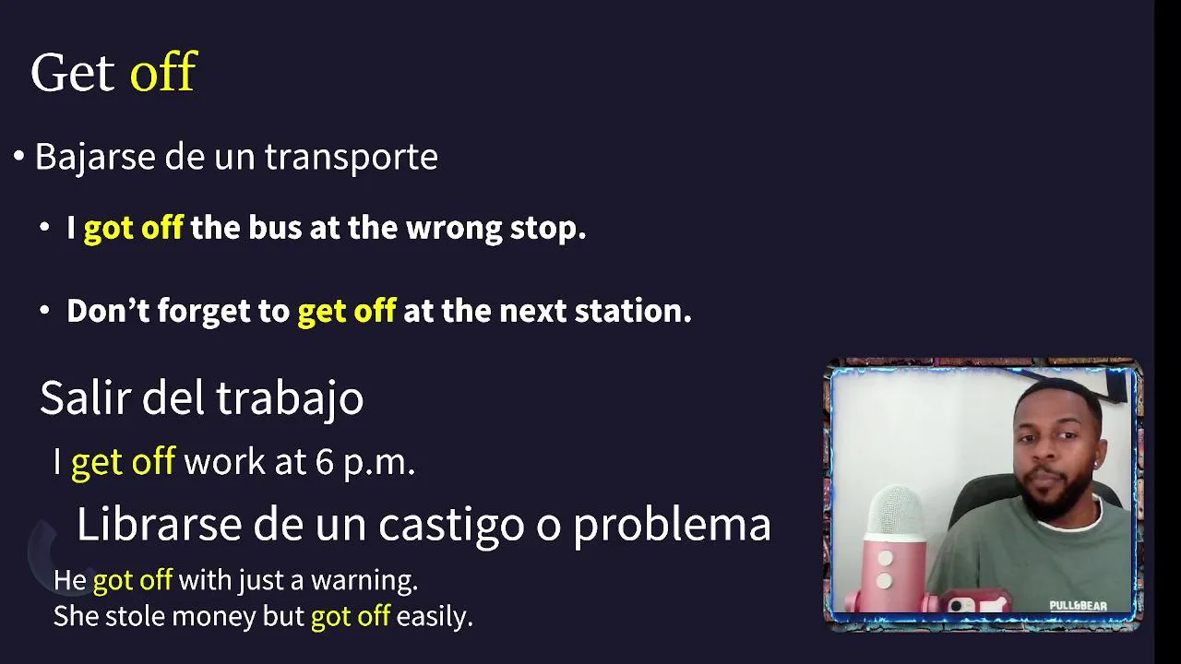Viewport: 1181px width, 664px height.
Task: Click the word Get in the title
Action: [x=73, y=72]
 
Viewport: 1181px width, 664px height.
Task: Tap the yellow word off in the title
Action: [x=163, y=71]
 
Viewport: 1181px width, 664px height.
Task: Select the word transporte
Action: [x=352, y=157]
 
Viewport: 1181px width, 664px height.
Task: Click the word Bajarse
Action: [x=95, y=157]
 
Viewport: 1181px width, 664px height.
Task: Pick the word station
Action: [x=633, y=311]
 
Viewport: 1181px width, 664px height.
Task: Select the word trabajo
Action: [x=290, y=398]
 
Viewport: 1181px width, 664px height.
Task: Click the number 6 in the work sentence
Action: [x=325, y=462]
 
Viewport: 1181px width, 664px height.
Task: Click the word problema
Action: [x=673, y=525]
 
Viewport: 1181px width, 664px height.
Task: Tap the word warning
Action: [x=364, y=581]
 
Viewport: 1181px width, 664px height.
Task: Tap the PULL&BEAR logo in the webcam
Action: [x=1078, y=606]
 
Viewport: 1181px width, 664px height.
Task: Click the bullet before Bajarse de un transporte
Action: [x=19, y=156]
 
